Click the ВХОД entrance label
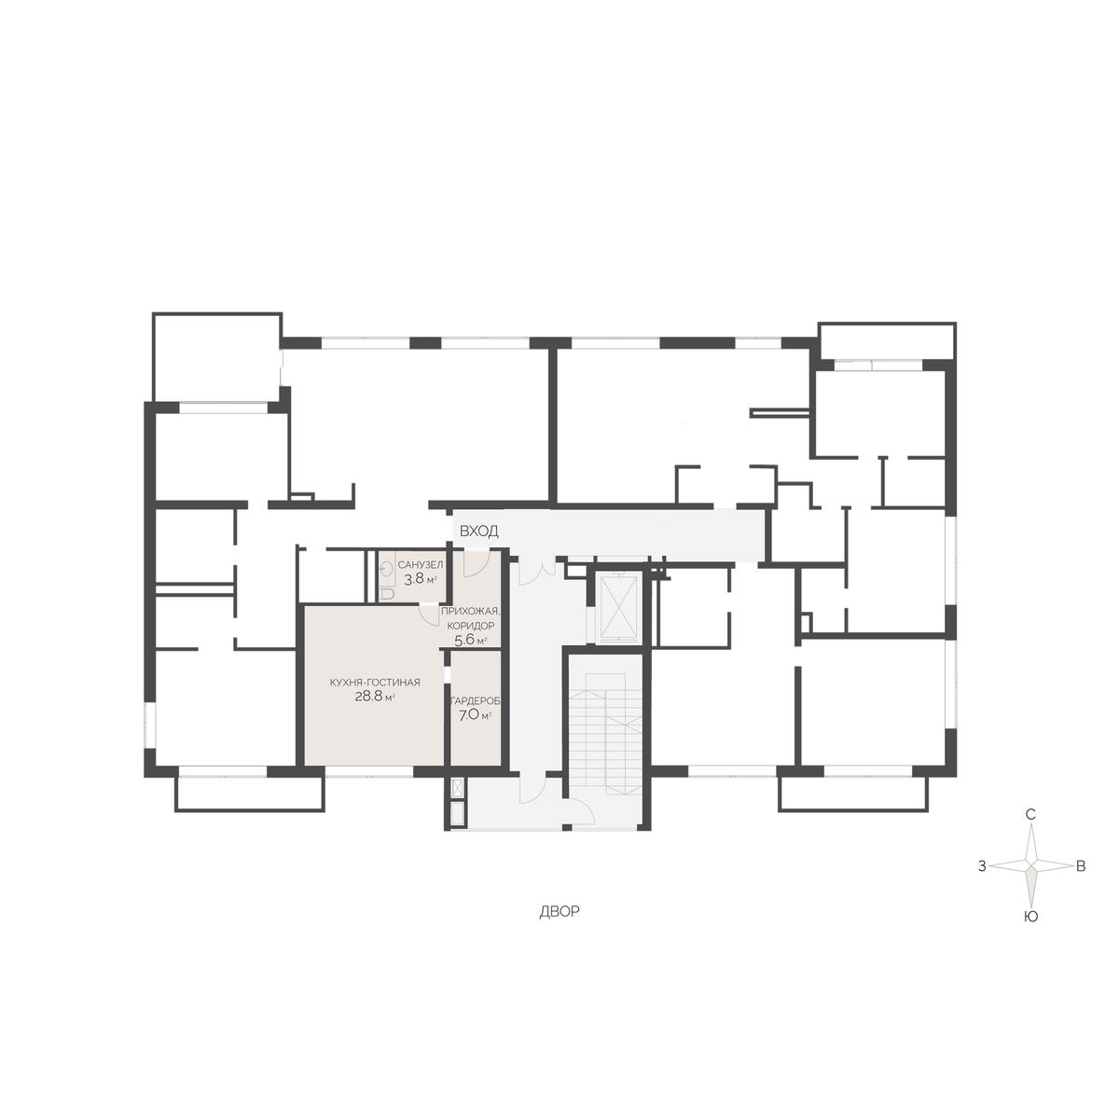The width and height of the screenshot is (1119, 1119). [478, 532]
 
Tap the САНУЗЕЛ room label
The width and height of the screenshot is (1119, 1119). [421, 565]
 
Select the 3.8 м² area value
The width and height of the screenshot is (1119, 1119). [421, 578]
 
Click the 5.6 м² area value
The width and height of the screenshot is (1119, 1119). [470, 641]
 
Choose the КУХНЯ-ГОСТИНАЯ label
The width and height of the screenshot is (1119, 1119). [375, 683]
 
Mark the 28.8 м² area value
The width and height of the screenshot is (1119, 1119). [375, 697]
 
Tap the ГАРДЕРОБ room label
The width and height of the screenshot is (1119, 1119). [476, 701]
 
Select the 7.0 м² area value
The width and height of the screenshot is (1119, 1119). [475, 715]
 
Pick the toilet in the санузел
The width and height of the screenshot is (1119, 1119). [386, 593]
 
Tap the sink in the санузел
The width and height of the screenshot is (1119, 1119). [385, 572]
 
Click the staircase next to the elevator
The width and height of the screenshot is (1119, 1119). [605, 734]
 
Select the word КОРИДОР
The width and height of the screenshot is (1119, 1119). [470, 626]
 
